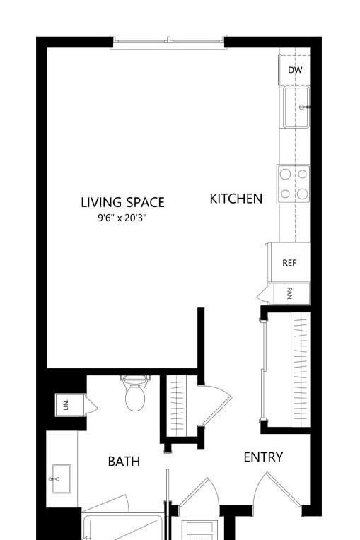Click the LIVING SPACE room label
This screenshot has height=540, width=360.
coord(122,202)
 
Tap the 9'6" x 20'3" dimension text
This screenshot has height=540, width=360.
coord(122,218)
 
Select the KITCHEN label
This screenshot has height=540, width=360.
coord(236,199)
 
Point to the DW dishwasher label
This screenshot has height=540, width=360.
coord(295,70)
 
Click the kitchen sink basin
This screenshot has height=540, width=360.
coord(296,107)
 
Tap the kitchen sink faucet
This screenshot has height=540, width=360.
coord(304,107)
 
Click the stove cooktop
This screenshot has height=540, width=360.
coord(294,184)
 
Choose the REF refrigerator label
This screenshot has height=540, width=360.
coord(289,263)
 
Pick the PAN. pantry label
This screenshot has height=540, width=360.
coord(290,294)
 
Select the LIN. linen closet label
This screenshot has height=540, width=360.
coord(66,405)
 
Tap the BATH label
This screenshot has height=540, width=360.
coord(124,462)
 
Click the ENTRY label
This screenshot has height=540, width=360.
coord(263,457)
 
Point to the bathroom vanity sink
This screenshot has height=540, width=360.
coord(62,479)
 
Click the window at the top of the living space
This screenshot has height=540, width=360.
coord(169,42)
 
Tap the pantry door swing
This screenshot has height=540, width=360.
coord(262,294)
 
